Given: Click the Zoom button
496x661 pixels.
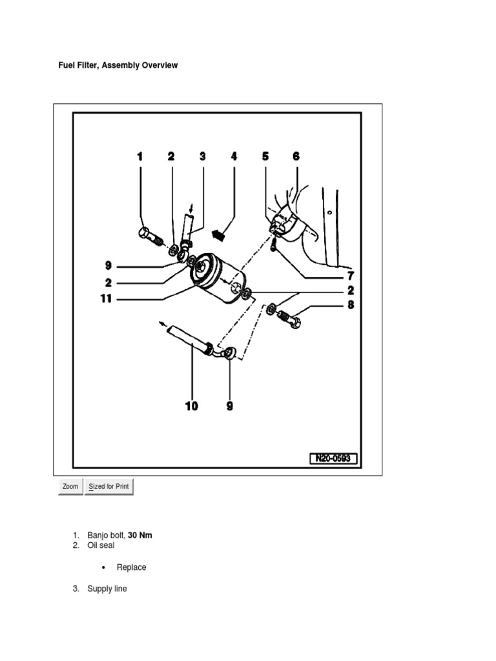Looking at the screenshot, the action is point(70,487).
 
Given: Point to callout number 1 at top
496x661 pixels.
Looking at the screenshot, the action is point(139,156).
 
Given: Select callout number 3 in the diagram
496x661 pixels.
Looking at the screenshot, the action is point(202,156).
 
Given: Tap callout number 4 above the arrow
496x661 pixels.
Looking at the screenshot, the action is point(234,156).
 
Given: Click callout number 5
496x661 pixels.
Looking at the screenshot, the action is point(265,156).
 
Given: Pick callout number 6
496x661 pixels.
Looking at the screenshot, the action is point(296,156).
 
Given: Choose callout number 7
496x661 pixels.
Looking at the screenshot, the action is point(351,276).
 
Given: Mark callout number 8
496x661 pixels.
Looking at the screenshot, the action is point(351,304).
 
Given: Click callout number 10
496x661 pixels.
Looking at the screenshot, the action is point(192,406).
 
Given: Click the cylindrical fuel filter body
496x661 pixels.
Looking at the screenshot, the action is point(219,277).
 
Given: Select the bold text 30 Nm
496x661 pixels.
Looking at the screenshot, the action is point(140,535).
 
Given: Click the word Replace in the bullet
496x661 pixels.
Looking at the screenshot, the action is point(131,567).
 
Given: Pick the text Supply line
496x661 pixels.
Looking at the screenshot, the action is point(107,589).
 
